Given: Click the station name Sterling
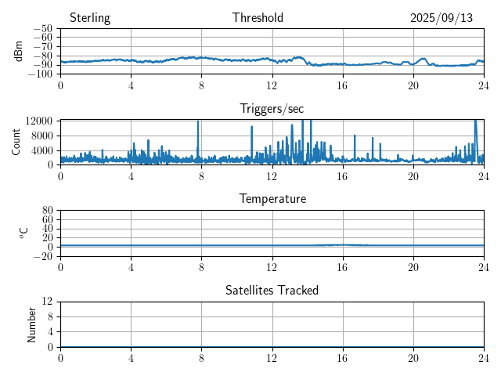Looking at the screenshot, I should click(x=89, y=18).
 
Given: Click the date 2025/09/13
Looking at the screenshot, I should click(x=442, y=18).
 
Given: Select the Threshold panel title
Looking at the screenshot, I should click(x=258, y=18).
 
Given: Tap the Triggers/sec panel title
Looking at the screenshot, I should click(x=272, y=109).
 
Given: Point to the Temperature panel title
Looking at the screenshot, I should click(x=272, y=199).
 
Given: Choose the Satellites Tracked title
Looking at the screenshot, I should click(x=272, y=290).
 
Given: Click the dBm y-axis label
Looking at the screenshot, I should click(x=18, y=51).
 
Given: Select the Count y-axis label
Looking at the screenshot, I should click(x=16, y=142).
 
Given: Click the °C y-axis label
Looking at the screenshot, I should click(x=23, y=233).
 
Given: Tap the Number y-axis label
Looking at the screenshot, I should click(x=32, y=324).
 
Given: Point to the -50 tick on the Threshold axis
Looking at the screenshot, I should click(x=43, y=29).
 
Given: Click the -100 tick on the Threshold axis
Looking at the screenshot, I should click(x=41, y=74).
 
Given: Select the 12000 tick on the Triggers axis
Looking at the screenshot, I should click(x=38, y=121).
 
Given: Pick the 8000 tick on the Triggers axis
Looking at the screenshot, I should click(x=41, y=135).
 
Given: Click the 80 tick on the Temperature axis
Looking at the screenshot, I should click(x=47, y=211).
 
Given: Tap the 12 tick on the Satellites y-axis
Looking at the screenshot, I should click(x=47, y=302).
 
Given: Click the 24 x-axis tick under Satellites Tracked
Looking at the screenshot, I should click(x=484, y=357).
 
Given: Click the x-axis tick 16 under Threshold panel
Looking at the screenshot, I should click(x=342, y=84).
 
